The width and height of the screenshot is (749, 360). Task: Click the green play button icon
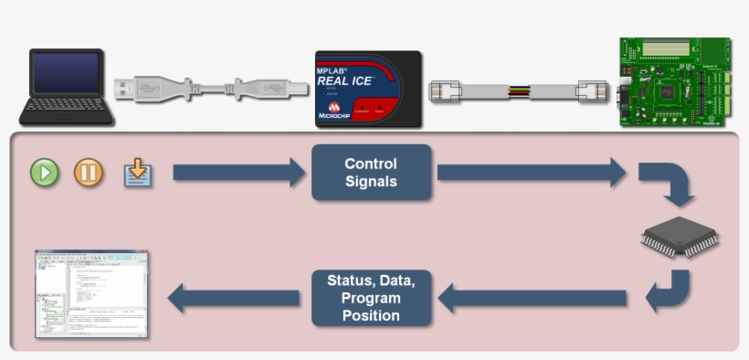click(44, 172)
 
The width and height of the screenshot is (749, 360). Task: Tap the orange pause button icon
click(89, 172)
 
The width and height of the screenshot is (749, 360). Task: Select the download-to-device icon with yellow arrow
click(138, 172)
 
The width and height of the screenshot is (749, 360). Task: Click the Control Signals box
click(370, 173)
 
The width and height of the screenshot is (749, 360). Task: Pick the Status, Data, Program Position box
click(370, 298)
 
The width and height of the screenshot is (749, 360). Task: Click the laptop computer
click(67, 88)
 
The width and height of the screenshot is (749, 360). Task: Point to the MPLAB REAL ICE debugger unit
click(367, 88)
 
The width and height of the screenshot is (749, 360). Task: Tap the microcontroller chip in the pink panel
click(679, 237)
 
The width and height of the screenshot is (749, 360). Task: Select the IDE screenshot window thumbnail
click(91, 293)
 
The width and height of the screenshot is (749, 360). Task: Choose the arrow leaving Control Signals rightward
click(531, 172)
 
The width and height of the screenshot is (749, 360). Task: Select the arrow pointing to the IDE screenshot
click(234, 298)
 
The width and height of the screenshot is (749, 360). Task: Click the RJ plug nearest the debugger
click(448, 90)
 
